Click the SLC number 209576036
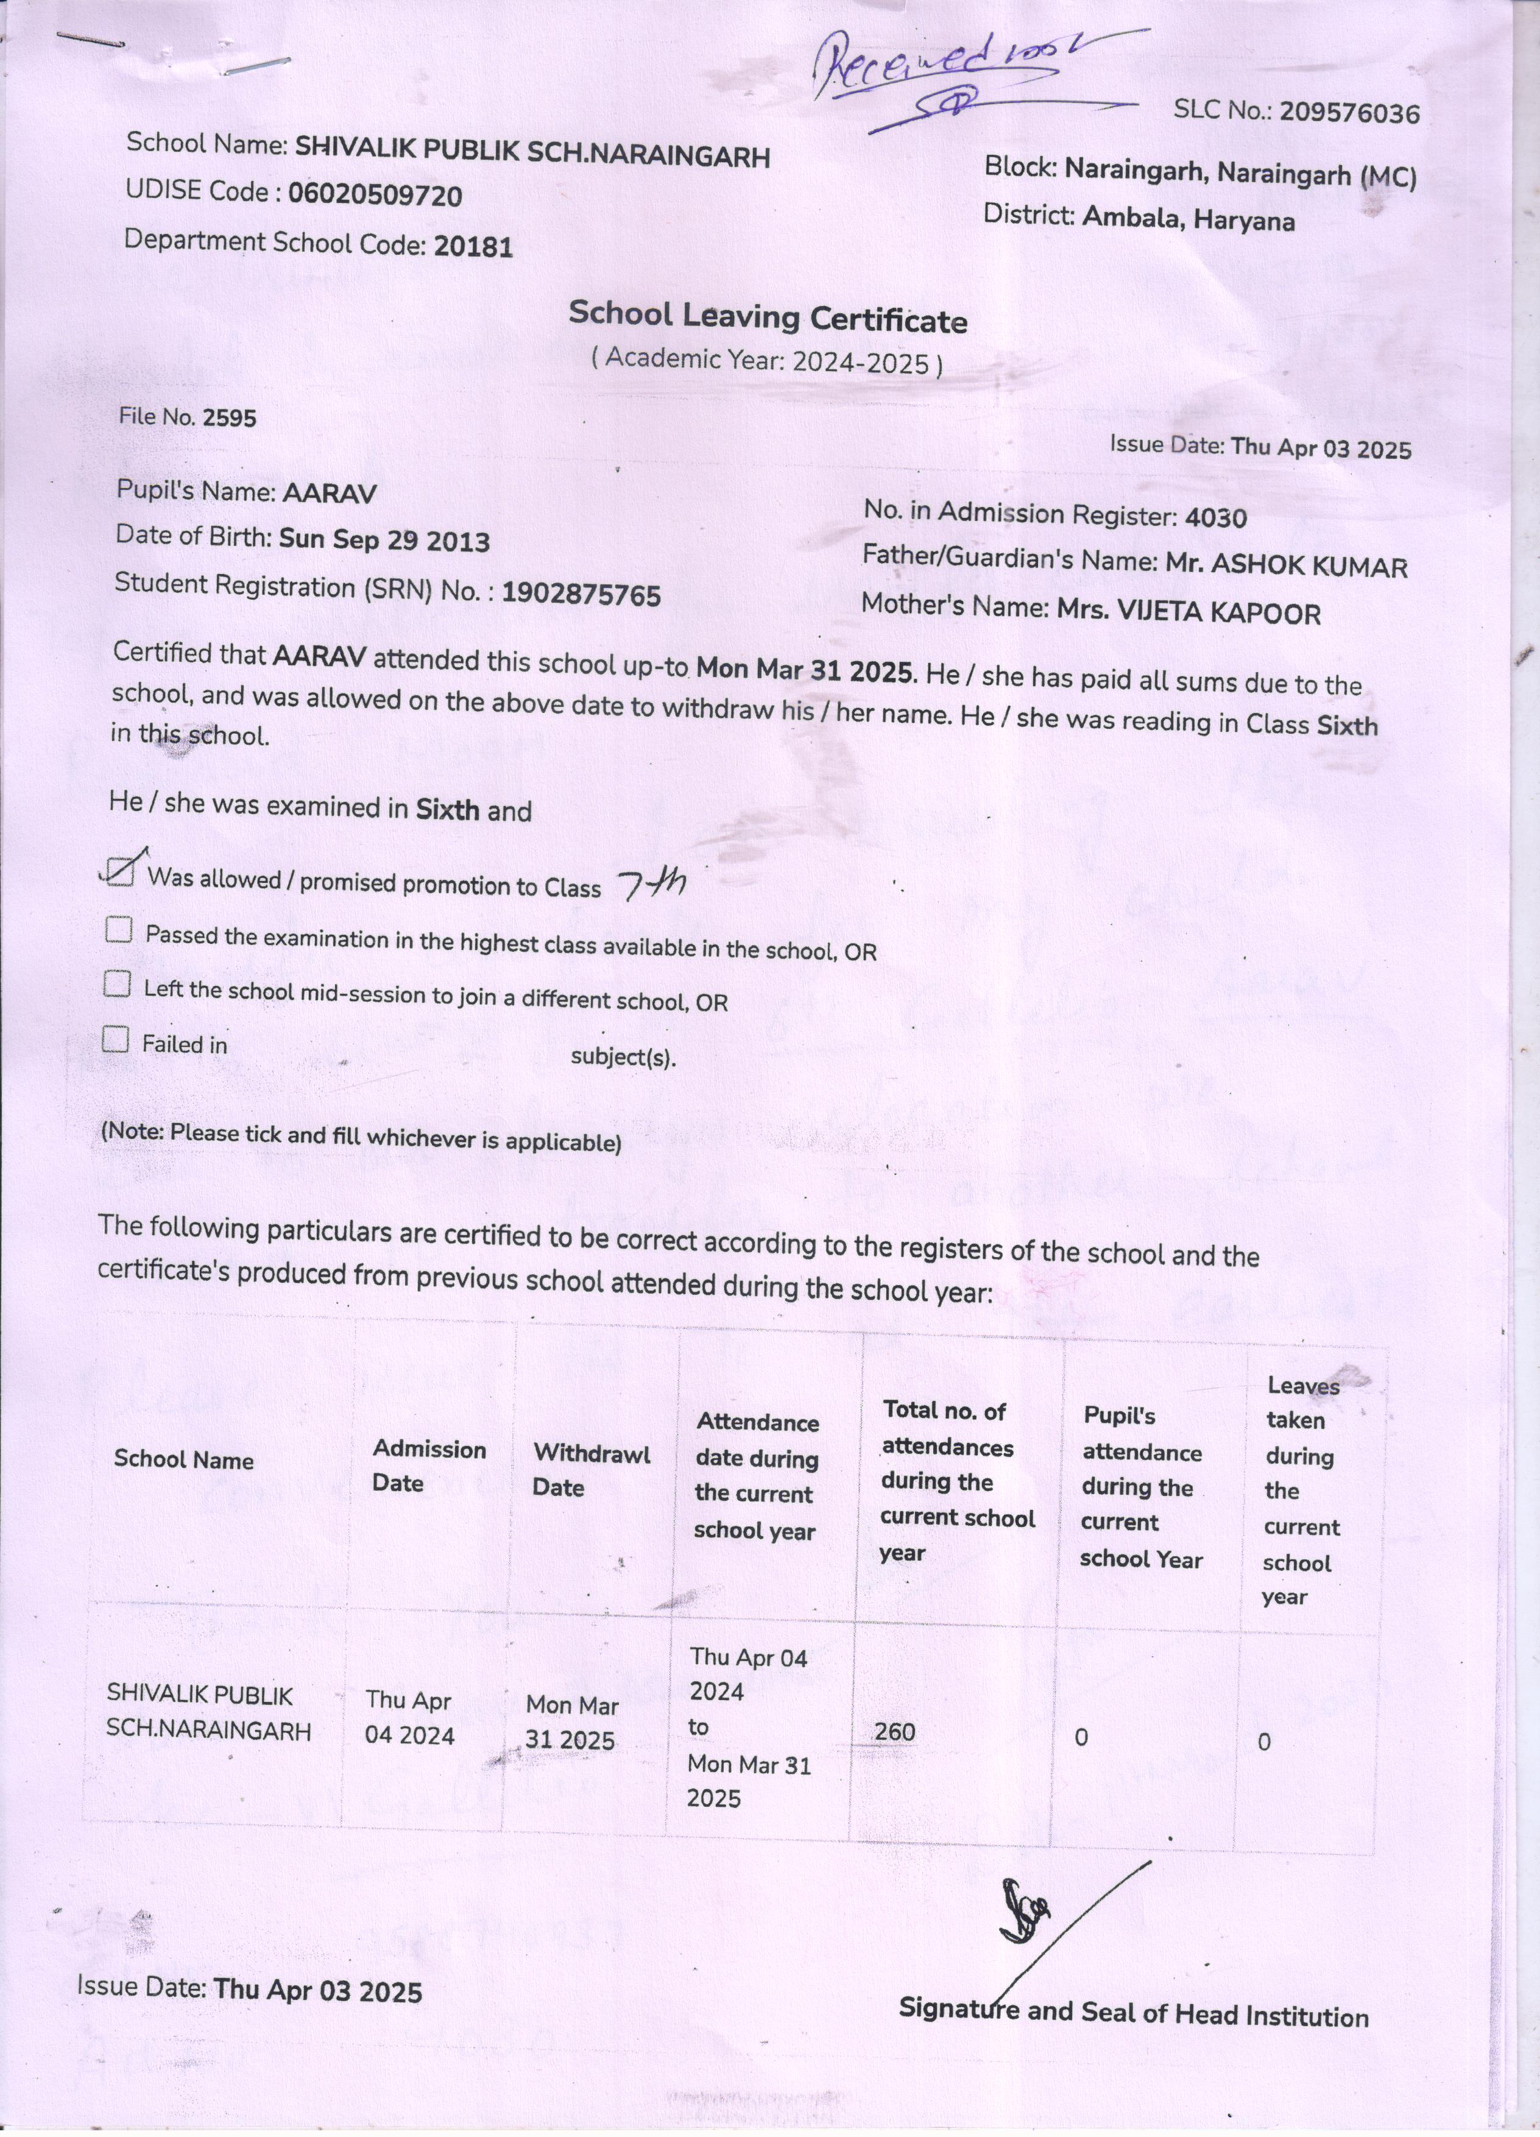[1349, 113]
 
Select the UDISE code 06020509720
[375, 195]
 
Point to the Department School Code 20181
[473, 247]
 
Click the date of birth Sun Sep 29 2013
[384, 540]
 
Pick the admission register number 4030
[1215, 517]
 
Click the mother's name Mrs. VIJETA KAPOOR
[1189, 612]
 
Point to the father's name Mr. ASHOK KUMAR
[1287, 565]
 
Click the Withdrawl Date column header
[590, 1470]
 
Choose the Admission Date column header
[429, 1465]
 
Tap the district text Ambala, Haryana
[1188, 219]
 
